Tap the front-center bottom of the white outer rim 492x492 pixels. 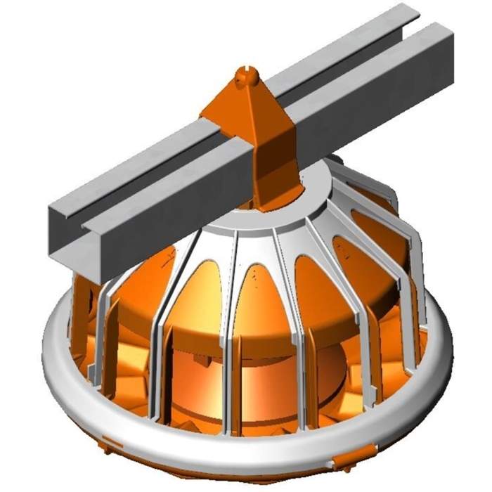[232, 450]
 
